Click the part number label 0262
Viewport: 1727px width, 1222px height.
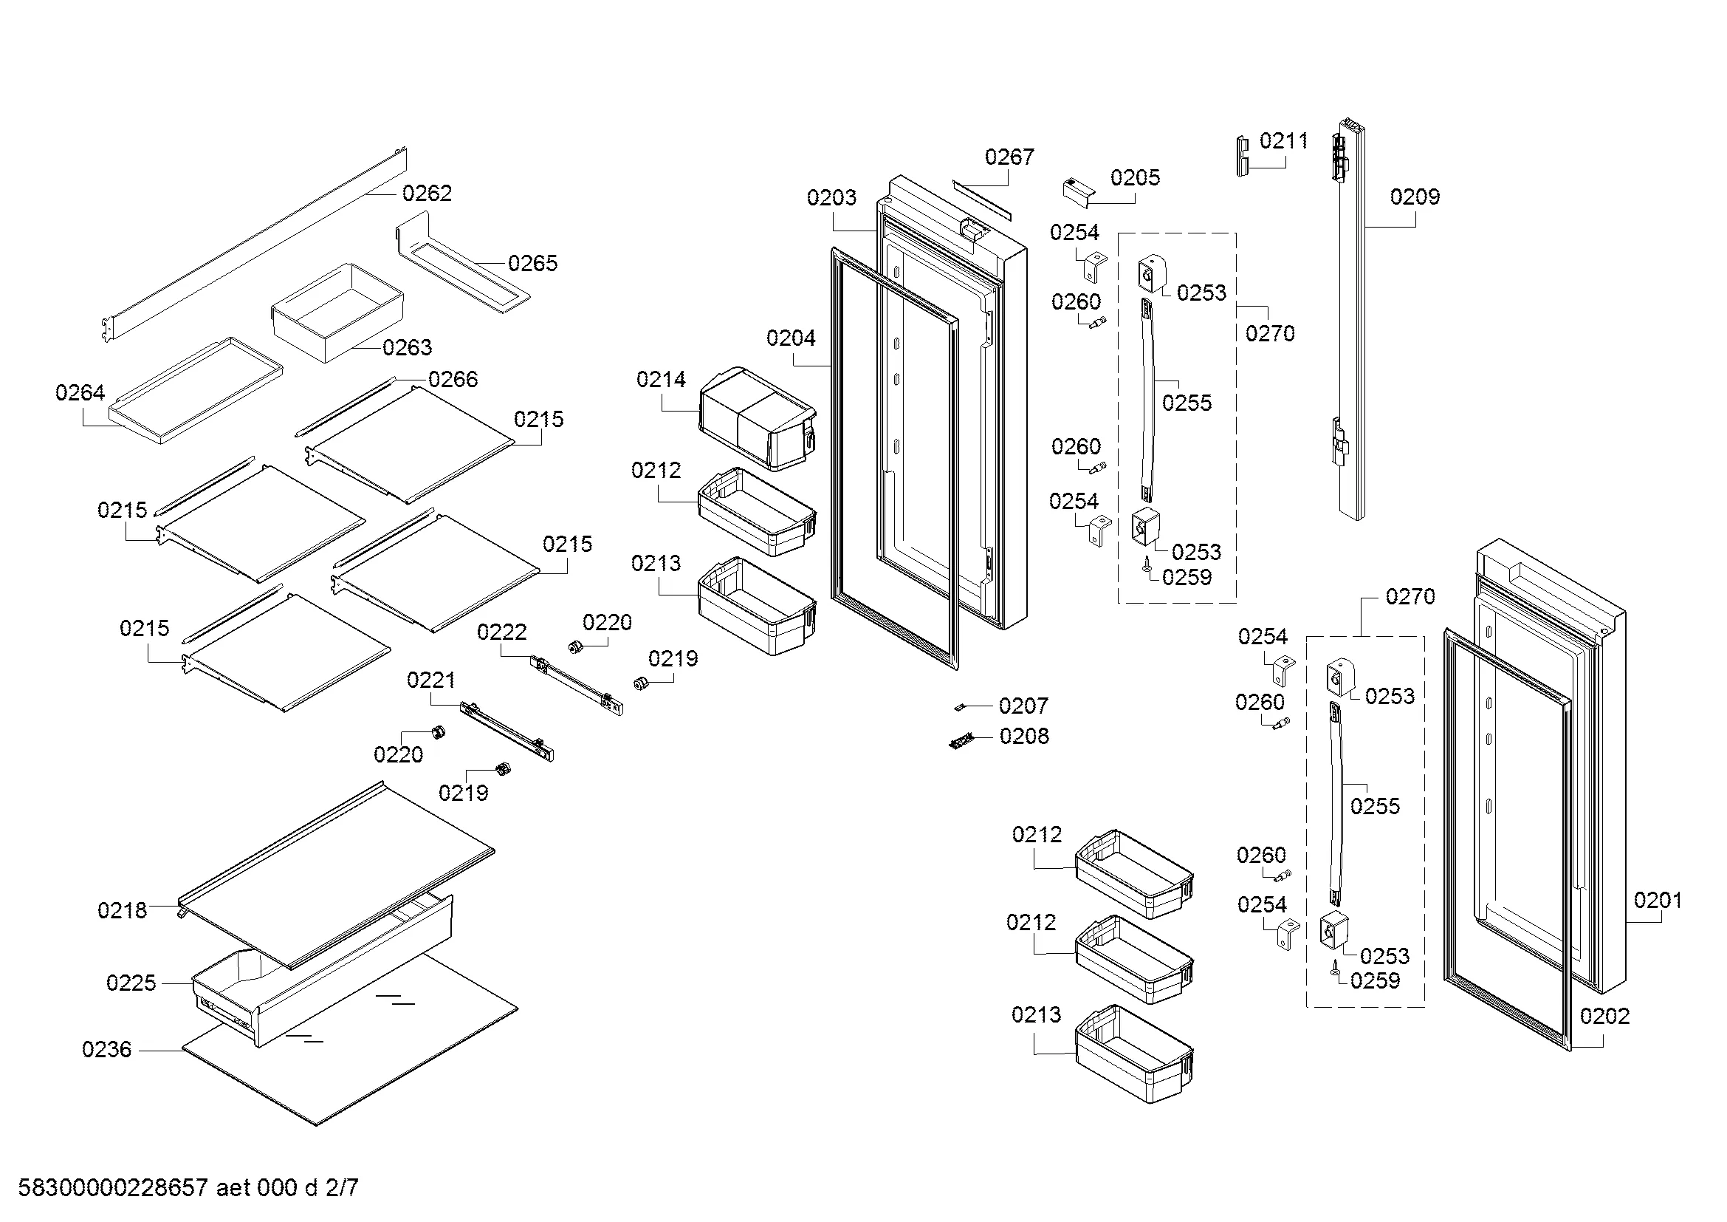427,194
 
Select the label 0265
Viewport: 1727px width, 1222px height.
532,263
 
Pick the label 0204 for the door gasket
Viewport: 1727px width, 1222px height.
791,338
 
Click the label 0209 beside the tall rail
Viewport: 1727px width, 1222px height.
1414,197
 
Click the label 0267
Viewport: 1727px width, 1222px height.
1009,157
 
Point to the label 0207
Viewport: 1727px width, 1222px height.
1023,706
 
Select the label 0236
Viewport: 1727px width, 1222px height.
106,1050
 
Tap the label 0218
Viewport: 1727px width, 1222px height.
122,911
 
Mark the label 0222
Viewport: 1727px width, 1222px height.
501,632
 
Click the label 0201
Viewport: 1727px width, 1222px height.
1657,901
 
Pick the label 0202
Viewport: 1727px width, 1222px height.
1604,1017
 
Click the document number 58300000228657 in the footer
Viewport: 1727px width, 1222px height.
113,1188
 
